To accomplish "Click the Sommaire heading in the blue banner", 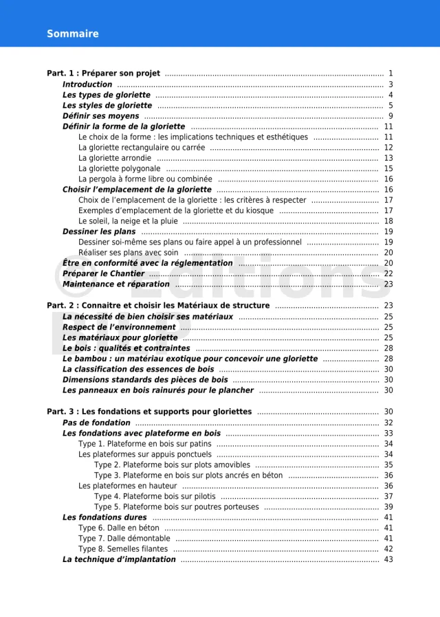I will pos(72,34).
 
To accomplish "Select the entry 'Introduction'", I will pos(87,85).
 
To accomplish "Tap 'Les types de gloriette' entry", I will pos(107,95).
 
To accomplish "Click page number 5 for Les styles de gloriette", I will pos(390,106).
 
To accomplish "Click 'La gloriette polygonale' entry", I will pos(120,168).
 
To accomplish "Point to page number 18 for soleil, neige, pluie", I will pos(388,221).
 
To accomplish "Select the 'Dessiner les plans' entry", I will pos(99,232).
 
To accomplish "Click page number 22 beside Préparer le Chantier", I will pos(388,273).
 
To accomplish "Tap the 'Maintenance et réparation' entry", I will pos(116,284).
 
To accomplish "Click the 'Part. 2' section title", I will pos(158,306).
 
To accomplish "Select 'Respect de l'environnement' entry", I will pos(119,327).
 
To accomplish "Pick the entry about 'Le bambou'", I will pos(190,359).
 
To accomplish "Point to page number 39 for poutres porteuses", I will pos(388,507).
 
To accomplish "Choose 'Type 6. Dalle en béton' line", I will pos(119,528).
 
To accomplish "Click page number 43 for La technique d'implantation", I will pos(388,559).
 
